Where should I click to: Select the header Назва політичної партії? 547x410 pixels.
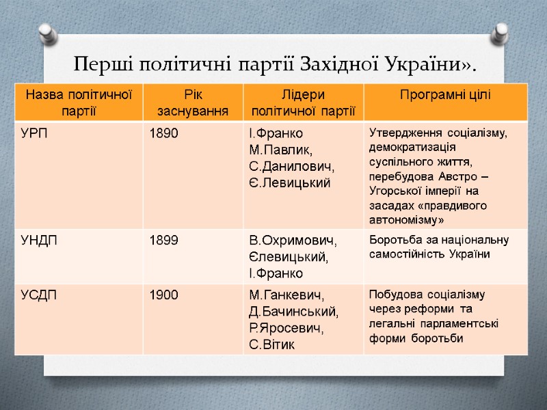click(x=79, y=101)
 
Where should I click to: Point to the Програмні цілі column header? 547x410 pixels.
click(x=445, y=94)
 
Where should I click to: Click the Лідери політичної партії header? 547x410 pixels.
click(x=304, y=101)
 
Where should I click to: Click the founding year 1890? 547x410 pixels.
click(x=164, y=133)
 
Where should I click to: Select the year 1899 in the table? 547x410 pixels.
click(x=164, y=240)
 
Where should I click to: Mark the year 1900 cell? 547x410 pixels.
click(x=164, y=295)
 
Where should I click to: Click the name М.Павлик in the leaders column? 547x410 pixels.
click(x=280, y=150)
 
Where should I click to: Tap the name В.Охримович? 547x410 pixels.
click(x=293, y=240)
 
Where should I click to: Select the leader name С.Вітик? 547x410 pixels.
click(x=272, y=344)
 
